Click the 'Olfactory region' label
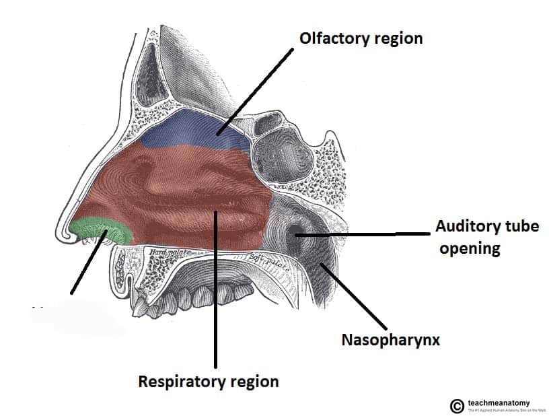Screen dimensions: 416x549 coord(361,38)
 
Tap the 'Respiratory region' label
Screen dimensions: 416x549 coord(208,382)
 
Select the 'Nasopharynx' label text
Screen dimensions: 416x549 coord(390,340)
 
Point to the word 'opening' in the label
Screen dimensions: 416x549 coord(470,248)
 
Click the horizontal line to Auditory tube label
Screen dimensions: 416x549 coord(363,234)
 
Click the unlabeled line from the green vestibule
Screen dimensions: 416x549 coord(86,265)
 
